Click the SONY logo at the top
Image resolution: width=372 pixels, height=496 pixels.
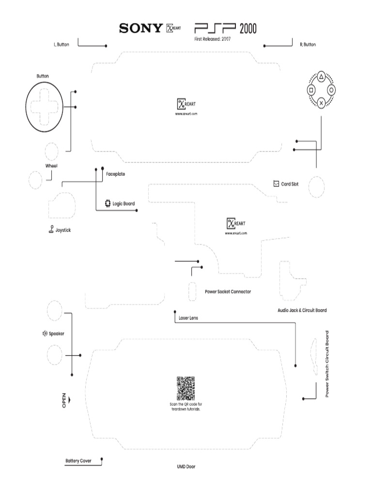pyautogui.click(x=140, y=29)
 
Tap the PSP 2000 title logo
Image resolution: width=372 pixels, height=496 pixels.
pyautogui.click(x=225, y=28)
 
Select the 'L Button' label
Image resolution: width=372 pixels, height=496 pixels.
pyautogui.click(x=61, y=45)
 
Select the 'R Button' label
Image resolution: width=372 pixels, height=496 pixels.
pyautogui.click(x=308, y=45)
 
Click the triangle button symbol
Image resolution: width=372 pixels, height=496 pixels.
pyautogui.click(x=321, y=77)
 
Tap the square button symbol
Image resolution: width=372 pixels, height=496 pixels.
pyautogui.click(x=311, y=90)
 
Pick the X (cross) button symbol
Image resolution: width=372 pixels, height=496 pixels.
pyautogui.click(x=321, y=103)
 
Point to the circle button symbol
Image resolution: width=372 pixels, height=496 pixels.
pyautogui.click(x=331, y=90)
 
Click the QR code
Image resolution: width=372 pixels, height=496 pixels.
pyautogui.click(x=186, y=388)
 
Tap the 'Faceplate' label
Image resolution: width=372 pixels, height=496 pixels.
pyautogui.click(x=115, y=174)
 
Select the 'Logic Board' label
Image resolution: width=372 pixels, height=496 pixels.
pyautogui.click(x=124, y=204)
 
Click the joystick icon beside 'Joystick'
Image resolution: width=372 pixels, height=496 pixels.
pyautogui.click(x=51, y=230)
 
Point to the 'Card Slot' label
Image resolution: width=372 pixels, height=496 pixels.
pyautogui.click(x=290, y=184)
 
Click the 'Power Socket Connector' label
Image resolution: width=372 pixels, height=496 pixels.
pyautogui.click(x=228, y=292)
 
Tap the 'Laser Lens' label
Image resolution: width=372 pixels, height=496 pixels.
pyautogui.click(x=188, y=318)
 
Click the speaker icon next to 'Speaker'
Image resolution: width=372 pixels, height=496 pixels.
pyautogui.click(x=45, y=333)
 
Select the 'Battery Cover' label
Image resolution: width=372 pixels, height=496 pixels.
pyautogui.click(x=78, y=461)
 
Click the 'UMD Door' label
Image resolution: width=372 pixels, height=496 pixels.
pyautogui.click(x=186, y=467)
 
